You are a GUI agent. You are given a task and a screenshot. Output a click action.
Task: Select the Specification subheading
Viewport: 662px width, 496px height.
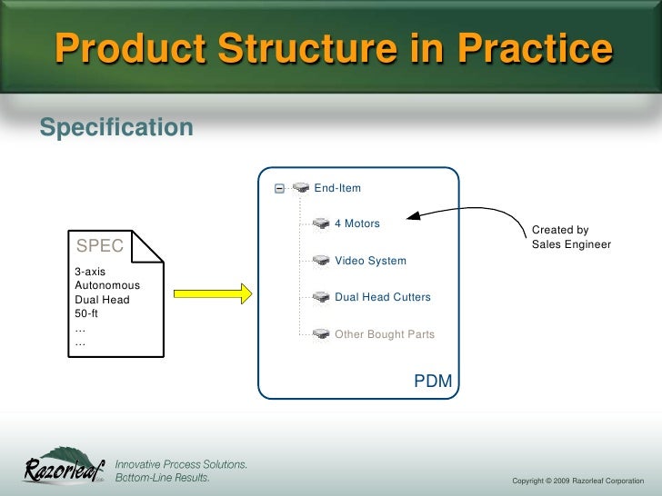(116, 126)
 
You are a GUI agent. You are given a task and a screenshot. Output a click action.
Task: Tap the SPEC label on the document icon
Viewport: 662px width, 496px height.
(100, 245)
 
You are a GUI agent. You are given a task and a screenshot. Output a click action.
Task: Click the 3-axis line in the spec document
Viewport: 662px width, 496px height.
(90, 272)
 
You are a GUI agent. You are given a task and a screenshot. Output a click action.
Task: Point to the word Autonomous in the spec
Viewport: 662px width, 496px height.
(106, 285)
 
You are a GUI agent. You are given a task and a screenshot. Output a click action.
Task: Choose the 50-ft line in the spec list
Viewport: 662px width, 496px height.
(88, 314)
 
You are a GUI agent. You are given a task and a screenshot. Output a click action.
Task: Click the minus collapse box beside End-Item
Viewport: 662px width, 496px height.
(280, 189)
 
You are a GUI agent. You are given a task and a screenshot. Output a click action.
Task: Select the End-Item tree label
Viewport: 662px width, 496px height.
(337, 188)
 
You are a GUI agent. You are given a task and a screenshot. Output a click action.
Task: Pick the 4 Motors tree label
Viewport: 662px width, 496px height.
(357, 223)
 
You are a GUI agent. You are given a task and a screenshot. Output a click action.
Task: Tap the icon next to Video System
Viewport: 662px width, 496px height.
(320, 261)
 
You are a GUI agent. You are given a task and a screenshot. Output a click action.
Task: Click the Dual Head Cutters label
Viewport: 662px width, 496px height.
(383, 297)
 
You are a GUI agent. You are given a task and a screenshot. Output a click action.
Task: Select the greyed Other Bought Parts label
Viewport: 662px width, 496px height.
(385, 334)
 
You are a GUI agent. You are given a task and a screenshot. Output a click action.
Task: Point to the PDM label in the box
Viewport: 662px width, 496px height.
(433, 381)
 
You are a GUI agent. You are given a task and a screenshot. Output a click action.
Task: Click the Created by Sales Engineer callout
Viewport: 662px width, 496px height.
(571, 238)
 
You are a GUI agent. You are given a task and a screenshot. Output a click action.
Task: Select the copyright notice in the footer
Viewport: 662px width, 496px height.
(577, 480)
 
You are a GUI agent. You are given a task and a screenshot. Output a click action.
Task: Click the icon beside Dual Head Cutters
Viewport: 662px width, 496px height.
(320, 297)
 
